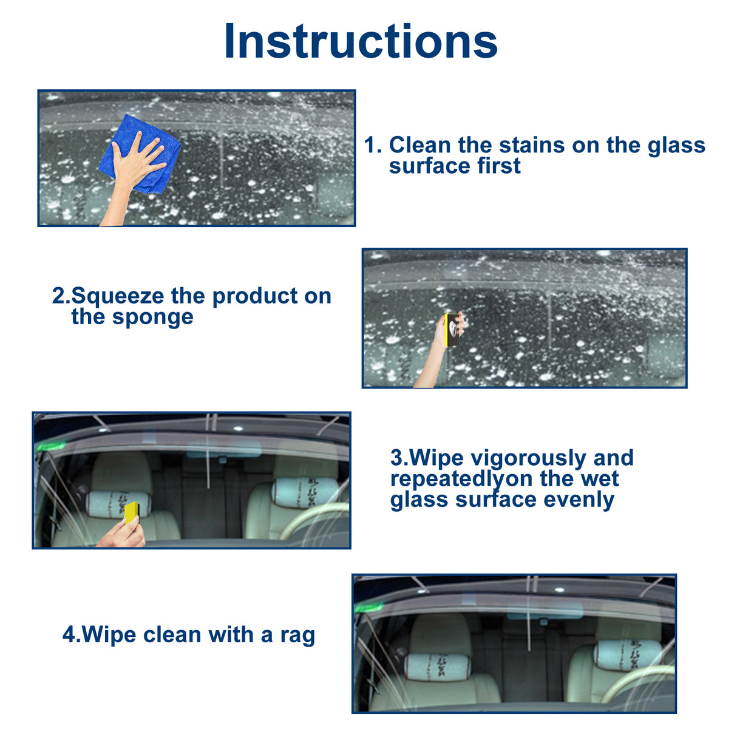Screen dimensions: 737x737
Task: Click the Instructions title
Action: coord(361,41)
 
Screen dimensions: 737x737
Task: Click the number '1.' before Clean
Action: coord(373,145)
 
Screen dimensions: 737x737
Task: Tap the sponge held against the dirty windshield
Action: coord(451,330)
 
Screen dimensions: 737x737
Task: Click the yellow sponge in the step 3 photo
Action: coord(131,512)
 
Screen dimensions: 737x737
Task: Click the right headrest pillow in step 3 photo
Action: coord(305,491)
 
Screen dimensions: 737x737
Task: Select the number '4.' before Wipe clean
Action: coord(71,635)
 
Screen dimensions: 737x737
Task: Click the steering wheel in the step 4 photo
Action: coord(637,683)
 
